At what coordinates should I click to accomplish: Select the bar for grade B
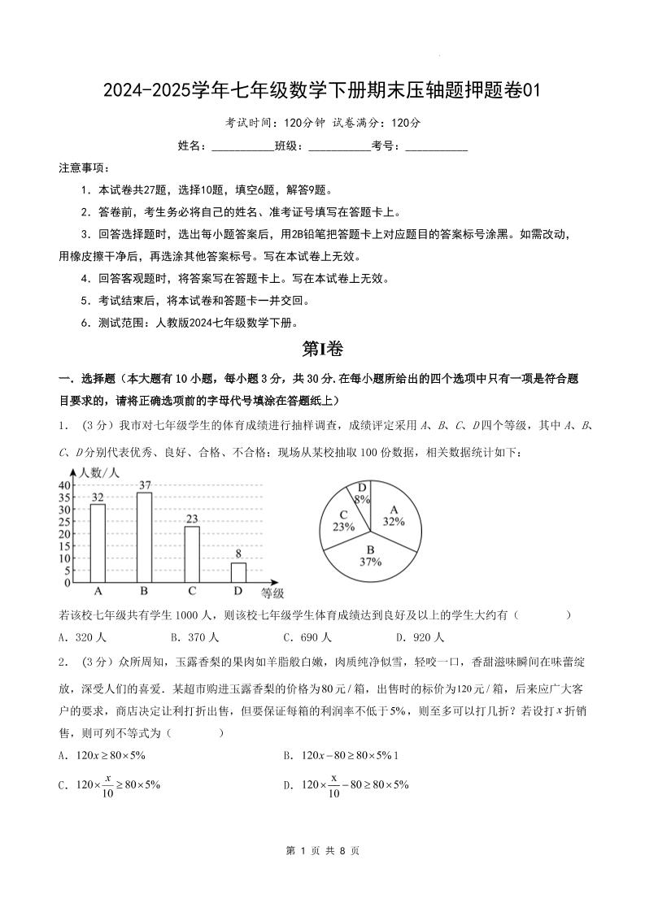[145, 537]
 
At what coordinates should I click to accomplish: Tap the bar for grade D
[238, 572]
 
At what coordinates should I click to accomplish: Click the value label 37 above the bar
[145, 485]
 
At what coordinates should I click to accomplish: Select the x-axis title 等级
[272, 593]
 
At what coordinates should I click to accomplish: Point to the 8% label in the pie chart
[362, 500]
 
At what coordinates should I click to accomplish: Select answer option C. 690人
[307, 637]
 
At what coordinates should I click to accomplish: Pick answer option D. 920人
[420, 637]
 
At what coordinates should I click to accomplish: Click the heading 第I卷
[322, 349]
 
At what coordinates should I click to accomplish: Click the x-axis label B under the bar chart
[145, 591]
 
